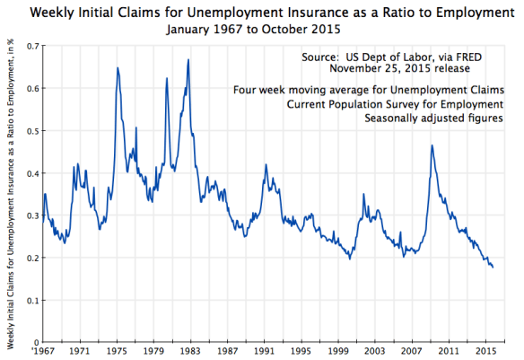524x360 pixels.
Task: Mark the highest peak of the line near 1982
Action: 188,60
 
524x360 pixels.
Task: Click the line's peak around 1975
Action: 118,68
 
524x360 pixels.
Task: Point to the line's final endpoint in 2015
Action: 493,267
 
